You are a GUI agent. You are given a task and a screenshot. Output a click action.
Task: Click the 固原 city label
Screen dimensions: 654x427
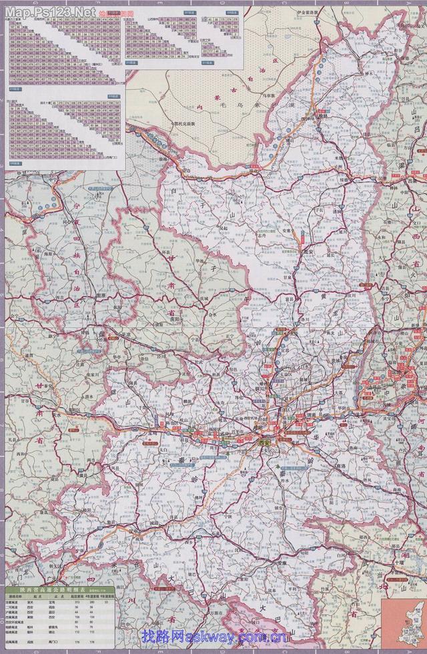coord(101,294)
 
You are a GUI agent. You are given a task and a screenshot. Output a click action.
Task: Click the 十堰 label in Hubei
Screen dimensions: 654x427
coord(398,564)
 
